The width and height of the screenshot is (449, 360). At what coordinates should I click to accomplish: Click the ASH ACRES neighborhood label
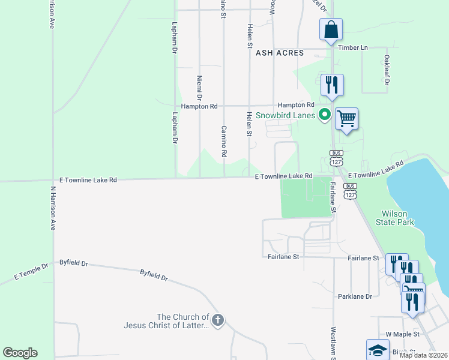(x=280, y=53)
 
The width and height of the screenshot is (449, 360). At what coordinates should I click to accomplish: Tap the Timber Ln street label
(x=352, y=47)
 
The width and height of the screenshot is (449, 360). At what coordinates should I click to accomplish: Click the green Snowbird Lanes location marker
(x=325, y=114)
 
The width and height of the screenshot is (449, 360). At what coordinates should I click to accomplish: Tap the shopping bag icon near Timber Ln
(x=331, y=29)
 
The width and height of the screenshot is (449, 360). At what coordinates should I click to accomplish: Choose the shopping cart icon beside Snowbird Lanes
(x=346, y=119)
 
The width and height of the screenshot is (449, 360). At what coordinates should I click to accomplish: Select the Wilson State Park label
(x=394, y=218)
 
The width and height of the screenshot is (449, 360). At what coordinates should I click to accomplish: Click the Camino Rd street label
(x=223, y=142)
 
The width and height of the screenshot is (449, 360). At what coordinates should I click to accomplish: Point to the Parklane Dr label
(x=355, y=296)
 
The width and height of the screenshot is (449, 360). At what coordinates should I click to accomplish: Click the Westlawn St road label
(x=333, y=339)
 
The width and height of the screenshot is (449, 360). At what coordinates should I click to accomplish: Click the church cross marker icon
(x=217, y=320)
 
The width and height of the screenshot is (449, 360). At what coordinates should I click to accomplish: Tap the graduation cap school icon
(x=378, y=350)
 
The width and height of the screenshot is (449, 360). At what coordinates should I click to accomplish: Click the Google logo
(x=20, y=353)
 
